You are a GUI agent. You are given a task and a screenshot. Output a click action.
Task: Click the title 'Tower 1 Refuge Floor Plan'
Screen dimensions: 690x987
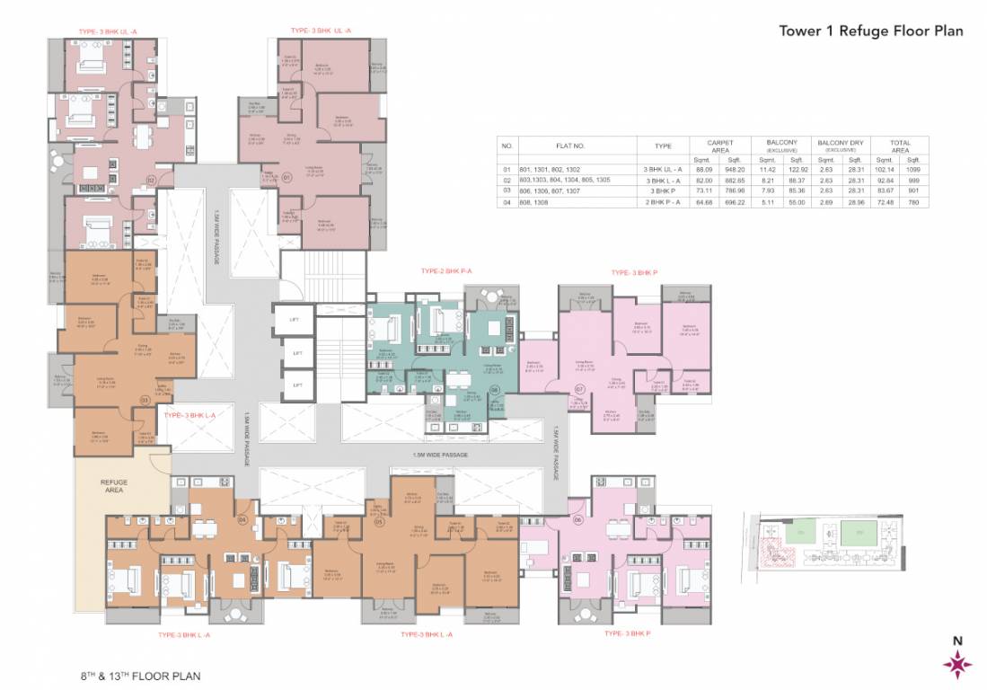point(870,31)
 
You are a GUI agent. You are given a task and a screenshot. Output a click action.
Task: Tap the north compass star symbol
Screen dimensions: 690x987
point(956,665)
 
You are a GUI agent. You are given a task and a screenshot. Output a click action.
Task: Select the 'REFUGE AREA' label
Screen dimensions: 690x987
point(113,487)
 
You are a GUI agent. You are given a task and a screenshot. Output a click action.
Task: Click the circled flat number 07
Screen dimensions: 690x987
point(580,389)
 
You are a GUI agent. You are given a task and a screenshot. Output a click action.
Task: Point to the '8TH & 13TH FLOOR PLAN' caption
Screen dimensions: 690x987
point(138,674)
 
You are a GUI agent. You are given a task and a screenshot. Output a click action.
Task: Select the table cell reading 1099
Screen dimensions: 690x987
point(912,169)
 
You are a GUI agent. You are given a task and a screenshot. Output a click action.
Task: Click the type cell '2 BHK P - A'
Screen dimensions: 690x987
point(663,202)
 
